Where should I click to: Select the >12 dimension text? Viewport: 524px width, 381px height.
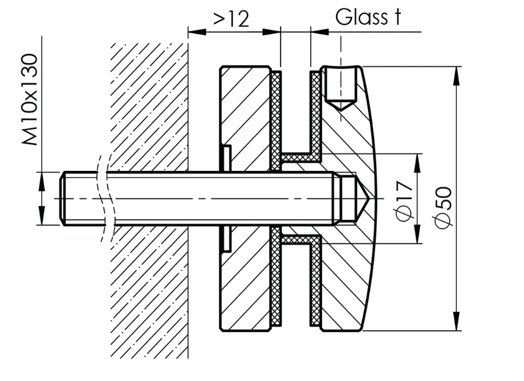point(231,19)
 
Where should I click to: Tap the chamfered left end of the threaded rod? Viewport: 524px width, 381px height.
point(62,198)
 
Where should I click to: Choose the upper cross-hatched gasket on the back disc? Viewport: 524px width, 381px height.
point(275,118)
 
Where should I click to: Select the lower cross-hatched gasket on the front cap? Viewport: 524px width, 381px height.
point(315,281)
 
